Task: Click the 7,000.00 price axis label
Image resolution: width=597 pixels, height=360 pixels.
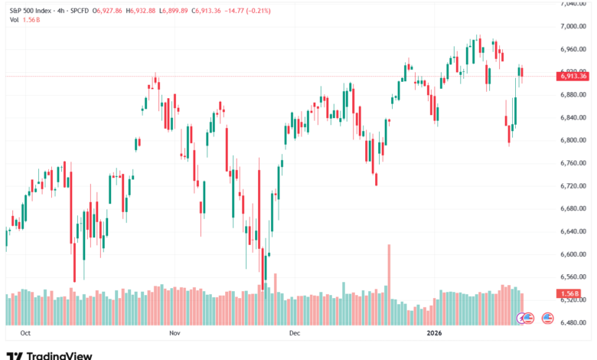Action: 573,26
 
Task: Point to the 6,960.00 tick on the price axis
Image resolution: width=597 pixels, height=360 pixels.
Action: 573,49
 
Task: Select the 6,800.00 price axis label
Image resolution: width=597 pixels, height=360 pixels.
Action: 573,140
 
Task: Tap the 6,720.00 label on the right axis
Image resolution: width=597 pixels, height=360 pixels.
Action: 573,186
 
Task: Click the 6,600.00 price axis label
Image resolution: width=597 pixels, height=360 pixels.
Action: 573,254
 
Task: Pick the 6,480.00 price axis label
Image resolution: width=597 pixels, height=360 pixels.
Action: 573,322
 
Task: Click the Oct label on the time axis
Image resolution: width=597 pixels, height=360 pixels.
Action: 25,334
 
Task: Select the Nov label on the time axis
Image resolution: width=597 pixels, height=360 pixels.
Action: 175,334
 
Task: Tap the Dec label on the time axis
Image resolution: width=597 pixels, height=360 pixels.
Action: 294,334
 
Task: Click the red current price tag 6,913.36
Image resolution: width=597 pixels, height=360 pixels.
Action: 573,76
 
